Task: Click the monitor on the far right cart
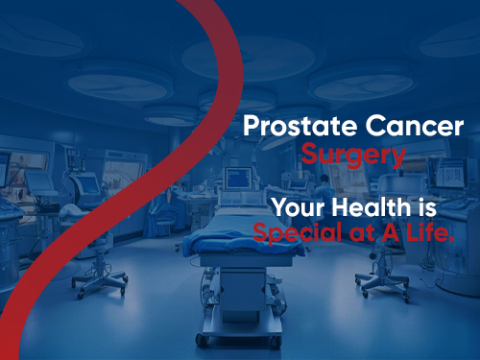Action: pos(450,173)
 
